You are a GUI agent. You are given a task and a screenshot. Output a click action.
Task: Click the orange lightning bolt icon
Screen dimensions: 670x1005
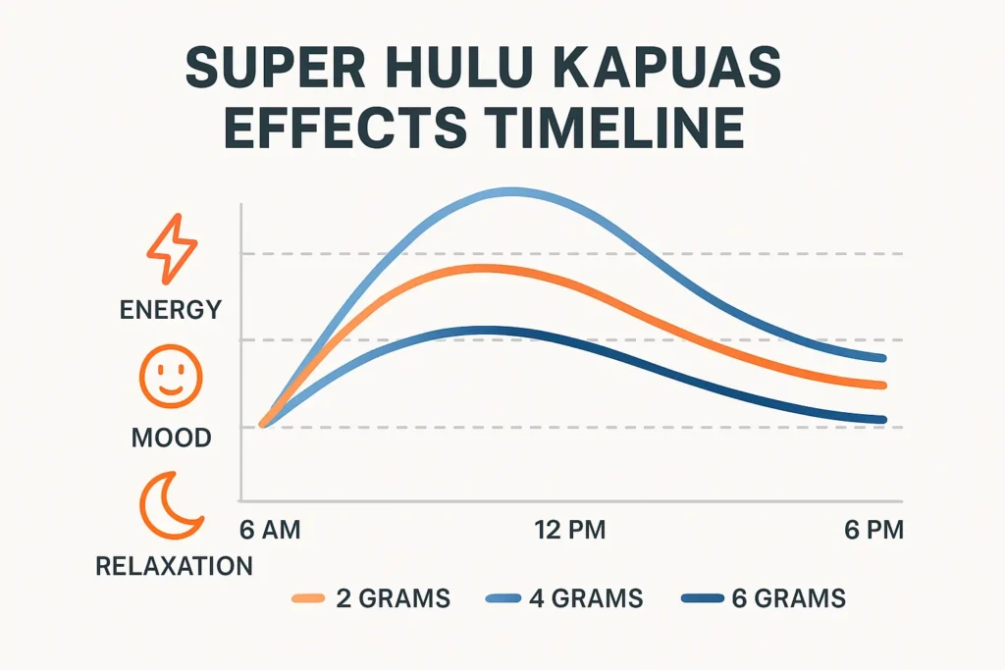170,248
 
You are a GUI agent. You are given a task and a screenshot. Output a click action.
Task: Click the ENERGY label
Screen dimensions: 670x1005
171,310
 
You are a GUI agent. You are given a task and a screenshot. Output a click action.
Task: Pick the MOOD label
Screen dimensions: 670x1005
171,438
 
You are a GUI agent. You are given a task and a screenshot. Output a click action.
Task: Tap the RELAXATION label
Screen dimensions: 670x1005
174,565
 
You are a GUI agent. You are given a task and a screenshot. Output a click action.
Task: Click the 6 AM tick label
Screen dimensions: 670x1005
270,531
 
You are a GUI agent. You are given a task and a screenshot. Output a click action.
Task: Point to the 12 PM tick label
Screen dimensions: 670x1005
569,531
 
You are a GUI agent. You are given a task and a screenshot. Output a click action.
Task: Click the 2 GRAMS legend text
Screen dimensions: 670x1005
392,597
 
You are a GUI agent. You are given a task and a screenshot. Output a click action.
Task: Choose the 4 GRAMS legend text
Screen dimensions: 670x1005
585,597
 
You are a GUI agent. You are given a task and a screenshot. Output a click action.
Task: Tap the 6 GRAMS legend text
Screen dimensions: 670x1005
788,597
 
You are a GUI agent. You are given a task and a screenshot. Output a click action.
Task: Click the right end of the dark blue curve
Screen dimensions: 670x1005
883,420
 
